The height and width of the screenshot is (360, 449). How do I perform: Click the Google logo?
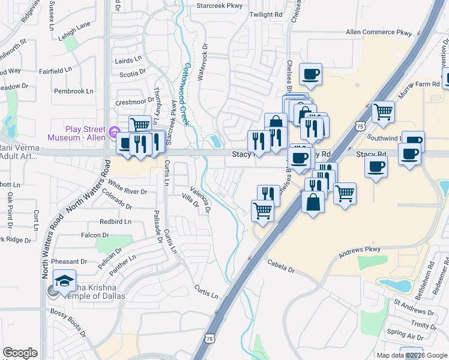coord(20,353)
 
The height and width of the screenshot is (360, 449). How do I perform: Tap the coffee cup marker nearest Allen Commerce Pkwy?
coord(311,74)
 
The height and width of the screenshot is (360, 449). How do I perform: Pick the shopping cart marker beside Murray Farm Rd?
coord(382,110)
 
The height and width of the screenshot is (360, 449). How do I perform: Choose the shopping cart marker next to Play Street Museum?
coord(140,125)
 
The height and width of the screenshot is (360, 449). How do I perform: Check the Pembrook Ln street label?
coord(73,91)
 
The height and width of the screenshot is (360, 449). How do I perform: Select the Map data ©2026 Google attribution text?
coord(412,355)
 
